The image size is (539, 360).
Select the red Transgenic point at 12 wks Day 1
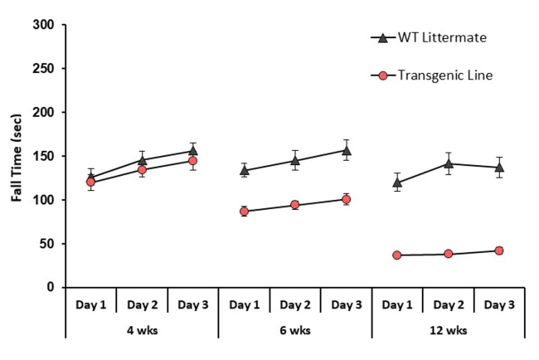tap(397, 255)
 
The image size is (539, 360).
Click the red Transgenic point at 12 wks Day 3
tap(499, 251)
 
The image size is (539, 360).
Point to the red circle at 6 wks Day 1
tap(244, 212)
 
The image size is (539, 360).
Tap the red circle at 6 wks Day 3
tap(346, 199)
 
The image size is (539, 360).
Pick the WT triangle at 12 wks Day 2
tap(449, 163)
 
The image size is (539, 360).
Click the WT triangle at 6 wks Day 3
tap(346, 150)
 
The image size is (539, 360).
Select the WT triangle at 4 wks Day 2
tap(142, 160)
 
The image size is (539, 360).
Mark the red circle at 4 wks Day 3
tap(192, 161)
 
